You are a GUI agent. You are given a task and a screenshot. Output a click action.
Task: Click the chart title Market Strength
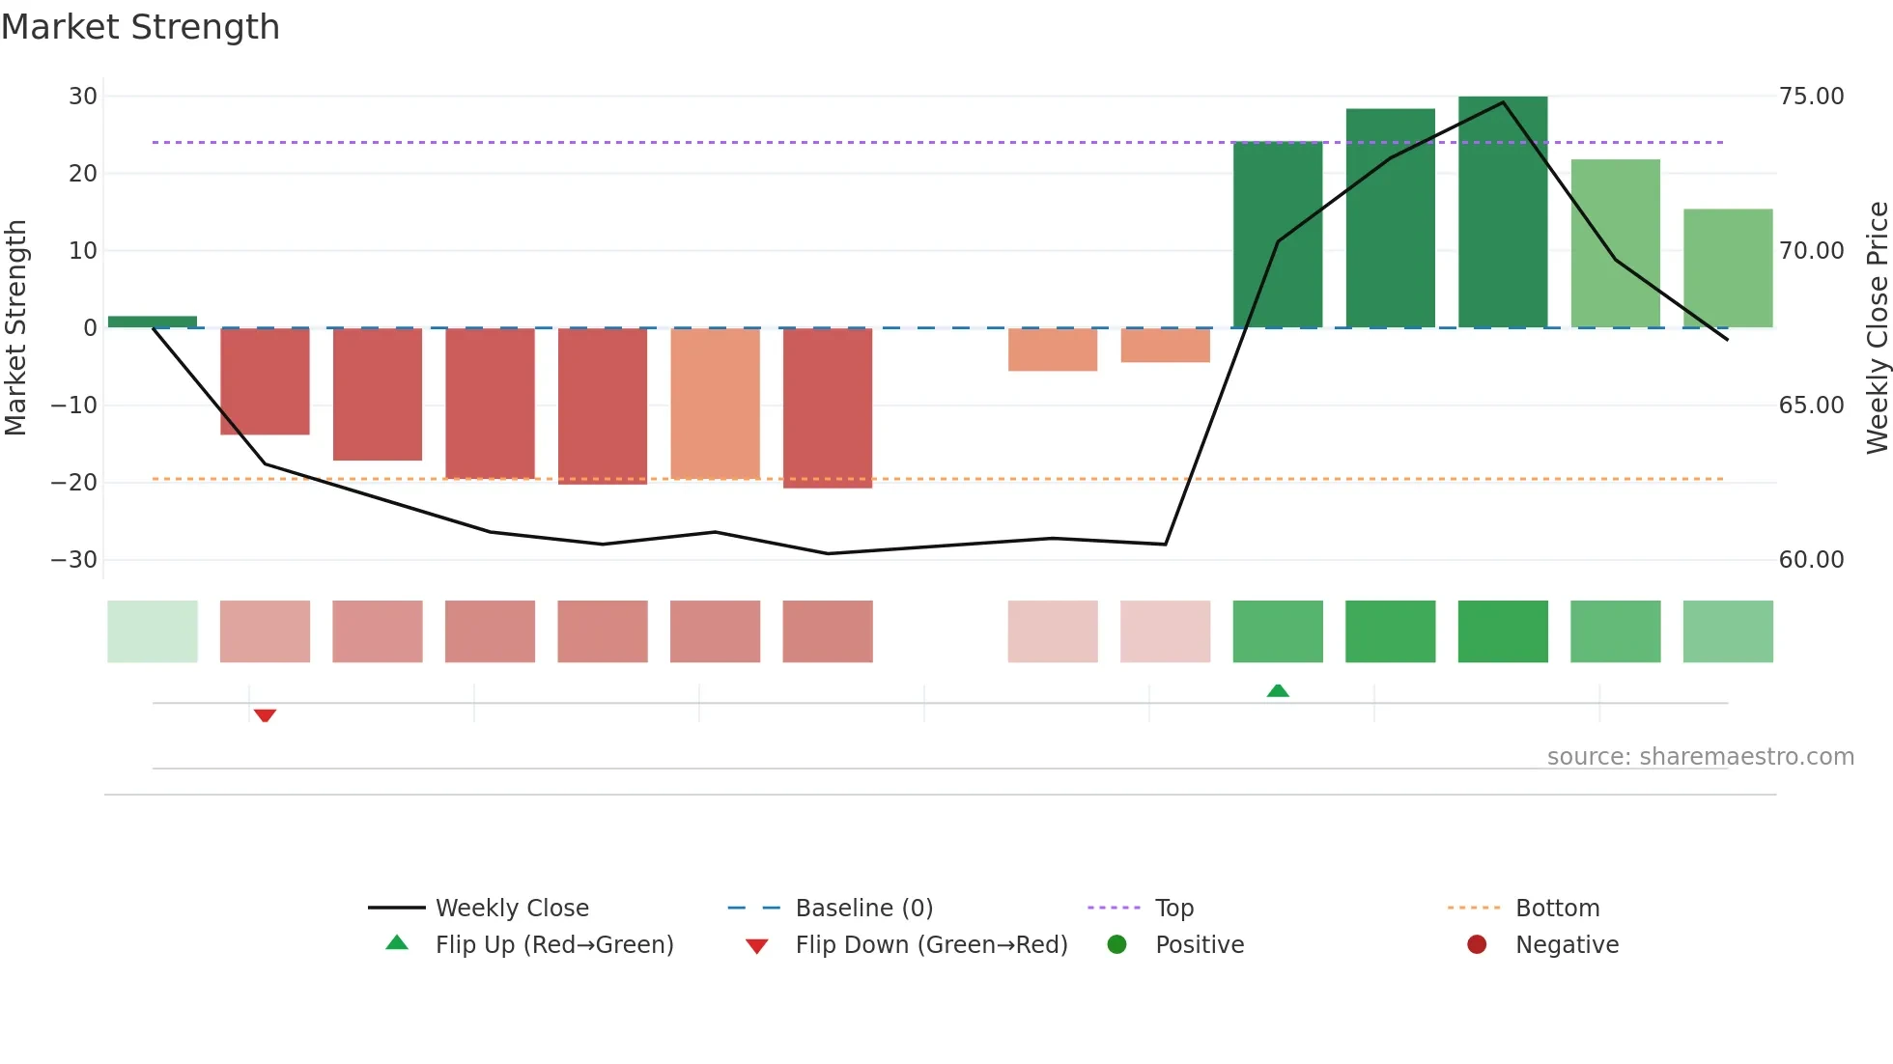(x=140, y=27)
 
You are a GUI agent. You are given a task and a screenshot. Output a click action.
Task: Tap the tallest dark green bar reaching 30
(x=1503, y=212)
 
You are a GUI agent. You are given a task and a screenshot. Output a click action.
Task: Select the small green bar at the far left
(x=153, y=322)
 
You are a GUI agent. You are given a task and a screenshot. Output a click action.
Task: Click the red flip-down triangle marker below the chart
(x=265, y=715)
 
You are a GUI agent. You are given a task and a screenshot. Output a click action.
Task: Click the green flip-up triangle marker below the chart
(x=1278, y=690)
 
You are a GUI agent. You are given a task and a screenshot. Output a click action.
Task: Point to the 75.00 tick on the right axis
(x=1811, y=97)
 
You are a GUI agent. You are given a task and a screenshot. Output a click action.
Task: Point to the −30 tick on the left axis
(x=74, y=560)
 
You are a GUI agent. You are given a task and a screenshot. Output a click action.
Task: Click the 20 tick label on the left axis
(x=83, y=174)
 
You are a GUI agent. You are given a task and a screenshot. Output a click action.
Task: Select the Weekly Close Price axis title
(x=1877, y=328)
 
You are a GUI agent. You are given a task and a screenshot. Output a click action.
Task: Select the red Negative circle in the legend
(x=1477, y=945)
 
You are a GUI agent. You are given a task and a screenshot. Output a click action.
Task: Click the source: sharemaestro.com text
(x=1700, y=757)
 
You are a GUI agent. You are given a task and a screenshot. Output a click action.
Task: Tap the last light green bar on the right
(x=1728, y=268)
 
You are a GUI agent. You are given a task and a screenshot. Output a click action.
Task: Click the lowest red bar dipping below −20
(x=828, y=407)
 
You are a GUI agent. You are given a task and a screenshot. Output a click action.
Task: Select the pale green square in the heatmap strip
(x=153, y=631)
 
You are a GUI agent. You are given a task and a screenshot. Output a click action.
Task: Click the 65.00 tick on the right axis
(x=1811, y=406)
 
